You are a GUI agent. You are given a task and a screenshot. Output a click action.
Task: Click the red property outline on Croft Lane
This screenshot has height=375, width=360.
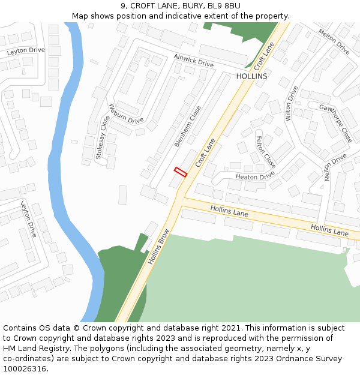[180, 172]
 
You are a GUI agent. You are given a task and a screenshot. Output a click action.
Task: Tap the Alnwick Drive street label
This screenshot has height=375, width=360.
[194, 60]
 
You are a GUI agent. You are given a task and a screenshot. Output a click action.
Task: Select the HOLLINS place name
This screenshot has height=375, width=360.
[251, 77]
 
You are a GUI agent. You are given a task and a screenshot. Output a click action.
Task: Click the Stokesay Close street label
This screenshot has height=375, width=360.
[103, 136]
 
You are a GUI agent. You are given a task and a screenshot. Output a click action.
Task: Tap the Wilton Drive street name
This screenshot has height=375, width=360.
[292, 103]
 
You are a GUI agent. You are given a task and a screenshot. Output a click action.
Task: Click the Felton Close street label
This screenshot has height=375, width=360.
[265, 152]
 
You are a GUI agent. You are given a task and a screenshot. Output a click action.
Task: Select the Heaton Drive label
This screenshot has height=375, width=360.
[255, 176]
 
